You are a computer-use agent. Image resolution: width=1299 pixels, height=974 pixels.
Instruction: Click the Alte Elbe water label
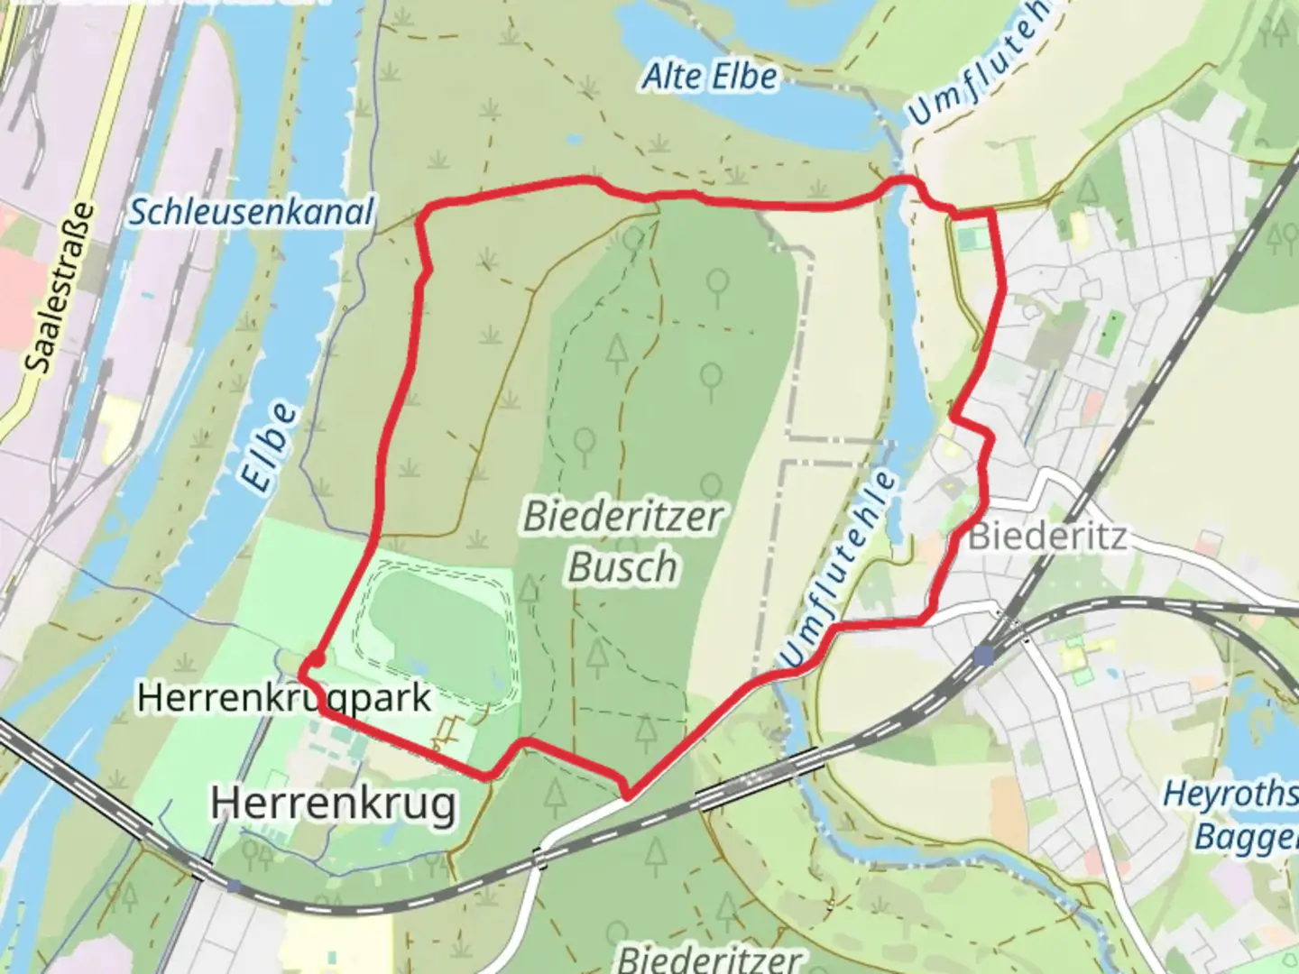(x=709, y=77)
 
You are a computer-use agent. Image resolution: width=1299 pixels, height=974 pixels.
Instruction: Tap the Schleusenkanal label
(x=251, y=213)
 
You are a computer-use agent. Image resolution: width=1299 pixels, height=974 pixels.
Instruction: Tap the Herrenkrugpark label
(x=284, y=698)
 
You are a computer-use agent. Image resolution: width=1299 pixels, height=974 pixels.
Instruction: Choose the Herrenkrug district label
(x=334, y=803)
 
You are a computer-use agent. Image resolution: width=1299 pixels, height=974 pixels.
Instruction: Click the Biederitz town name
(x=1046, y=537)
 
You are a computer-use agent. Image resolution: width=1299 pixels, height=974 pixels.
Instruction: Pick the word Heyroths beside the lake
(x=1230, y=795)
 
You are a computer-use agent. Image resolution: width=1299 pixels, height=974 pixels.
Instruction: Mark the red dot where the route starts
(x=315, y=661)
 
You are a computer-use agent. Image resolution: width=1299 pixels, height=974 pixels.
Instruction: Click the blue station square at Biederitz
(x=986, y=655)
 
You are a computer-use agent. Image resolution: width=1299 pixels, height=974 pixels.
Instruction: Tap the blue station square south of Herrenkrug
(x=234, y=887)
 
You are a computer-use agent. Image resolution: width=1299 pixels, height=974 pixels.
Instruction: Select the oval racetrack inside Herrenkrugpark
(x=438, y=627)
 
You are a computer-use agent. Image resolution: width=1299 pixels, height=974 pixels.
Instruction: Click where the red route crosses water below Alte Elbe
(x=898, y=185)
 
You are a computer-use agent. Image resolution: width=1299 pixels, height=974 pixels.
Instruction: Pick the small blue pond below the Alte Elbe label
(x=574, y=140)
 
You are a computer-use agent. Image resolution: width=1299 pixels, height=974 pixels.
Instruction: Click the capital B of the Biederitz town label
(x=981, y=537)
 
